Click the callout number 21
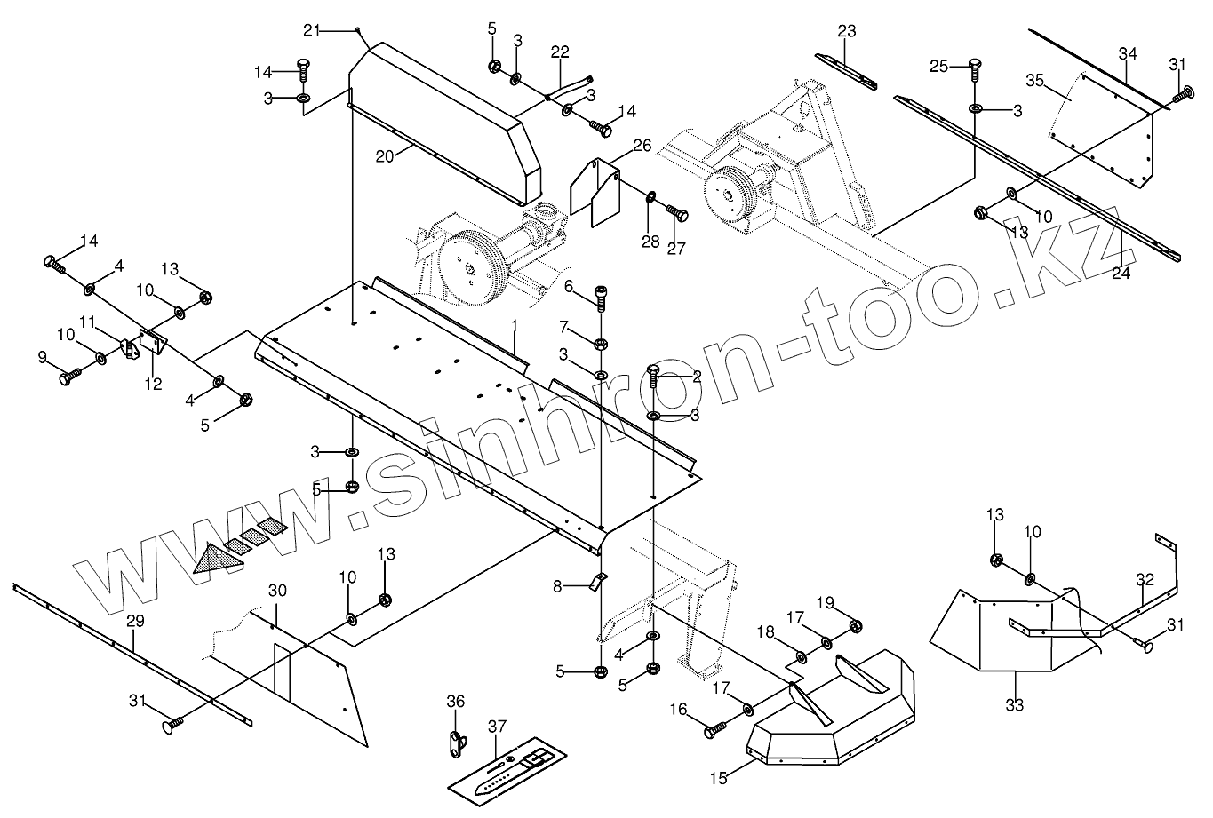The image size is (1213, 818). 310,30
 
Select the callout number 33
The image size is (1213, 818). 1014,705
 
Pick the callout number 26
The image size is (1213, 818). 642,144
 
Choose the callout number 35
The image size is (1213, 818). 1033,79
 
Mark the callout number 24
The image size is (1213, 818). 1121,274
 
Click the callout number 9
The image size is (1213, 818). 42,357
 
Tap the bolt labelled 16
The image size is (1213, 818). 714,731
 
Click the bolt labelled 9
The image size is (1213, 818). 69,377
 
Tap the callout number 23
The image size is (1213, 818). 846,32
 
